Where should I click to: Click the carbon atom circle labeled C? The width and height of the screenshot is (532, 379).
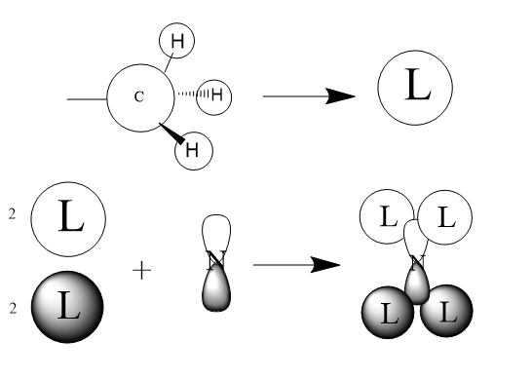click(141, 97)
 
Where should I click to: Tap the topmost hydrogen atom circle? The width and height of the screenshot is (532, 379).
click(176, 41)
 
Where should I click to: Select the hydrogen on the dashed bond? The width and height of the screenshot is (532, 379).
click(214, 97)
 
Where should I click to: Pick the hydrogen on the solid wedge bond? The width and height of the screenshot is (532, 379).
click(194, 151)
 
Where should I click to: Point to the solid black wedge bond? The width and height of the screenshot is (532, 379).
click(172, 133)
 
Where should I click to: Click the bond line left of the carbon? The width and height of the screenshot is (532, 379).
click(87, 99)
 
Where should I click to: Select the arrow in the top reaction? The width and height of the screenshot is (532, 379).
click(309, 96)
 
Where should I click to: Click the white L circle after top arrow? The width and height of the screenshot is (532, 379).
click(415, 88)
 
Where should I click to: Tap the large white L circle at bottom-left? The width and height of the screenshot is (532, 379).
click(68, 219)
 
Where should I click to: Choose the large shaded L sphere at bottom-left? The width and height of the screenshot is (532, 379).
click(67, 307)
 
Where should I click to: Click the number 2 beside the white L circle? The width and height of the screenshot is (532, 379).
click(13, 214)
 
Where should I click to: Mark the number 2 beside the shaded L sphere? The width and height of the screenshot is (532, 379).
click(13, 308)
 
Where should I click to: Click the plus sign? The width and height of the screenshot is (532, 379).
click(142, 271)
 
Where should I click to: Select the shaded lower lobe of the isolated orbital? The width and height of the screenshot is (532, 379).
click(216, 289)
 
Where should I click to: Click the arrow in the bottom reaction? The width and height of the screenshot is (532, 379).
click(296, 265)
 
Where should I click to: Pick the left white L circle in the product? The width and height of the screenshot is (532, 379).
click(387, 217)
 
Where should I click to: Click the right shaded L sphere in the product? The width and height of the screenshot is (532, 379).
click(446, 311)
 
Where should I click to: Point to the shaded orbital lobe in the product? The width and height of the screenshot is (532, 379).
click(418, 284)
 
